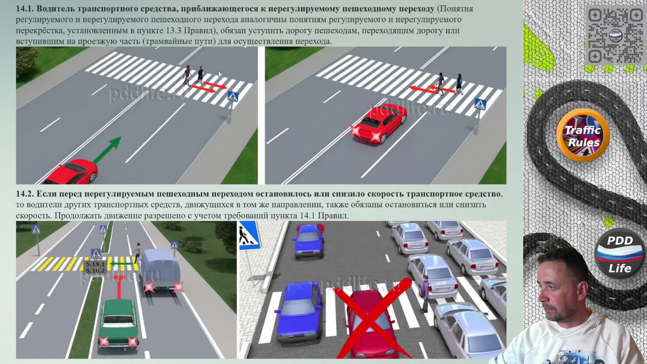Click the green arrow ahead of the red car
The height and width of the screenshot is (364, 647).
(107, 150)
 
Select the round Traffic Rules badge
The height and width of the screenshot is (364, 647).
(583, 135)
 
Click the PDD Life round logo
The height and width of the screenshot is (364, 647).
(620, 254)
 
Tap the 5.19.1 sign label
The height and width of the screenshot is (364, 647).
(95, 264)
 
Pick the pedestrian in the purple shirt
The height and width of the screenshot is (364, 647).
(425, 293)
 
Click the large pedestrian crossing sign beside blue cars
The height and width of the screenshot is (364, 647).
(250, 235)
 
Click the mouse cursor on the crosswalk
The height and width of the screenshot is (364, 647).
(220, 74)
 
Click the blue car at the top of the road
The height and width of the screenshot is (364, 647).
(308, 241)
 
